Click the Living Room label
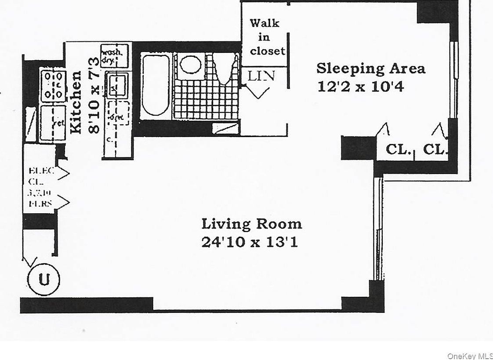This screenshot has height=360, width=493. [x=252, y=224]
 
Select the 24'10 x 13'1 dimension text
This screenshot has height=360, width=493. [x=250, y=242]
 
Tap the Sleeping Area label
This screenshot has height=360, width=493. [x=371, y=69]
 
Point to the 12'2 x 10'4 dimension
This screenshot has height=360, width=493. [x=361, y=86]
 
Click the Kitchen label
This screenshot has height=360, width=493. [x=76, y=102]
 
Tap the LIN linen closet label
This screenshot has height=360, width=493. [x=261, y=76]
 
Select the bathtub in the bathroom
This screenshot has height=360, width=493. [x=155, y=85]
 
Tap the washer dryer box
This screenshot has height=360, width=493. [x=114, y=55]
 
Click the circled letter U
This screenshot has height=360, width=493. [x=43, y=279]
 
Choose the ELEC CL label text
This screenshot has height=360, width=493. [x=40, y=176]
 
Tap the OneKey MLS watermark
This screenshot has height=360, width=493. [x=469, y=355]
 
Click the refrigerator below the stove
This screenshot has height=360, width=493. [x=52, y=123]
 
